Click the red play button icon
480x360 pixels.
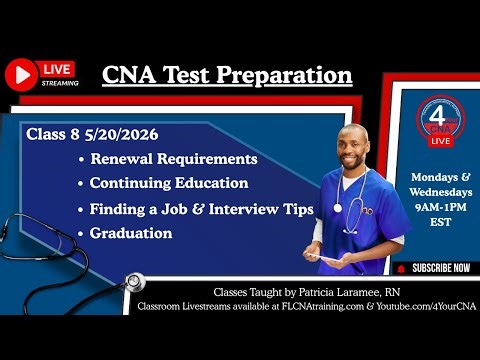pyautogui.click(x=20, y=73)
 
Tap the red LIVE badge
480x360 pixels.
pyautogui.click(x=58, y=68)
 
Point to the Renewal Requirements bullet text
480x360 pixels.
pyautogui.click(x=173, y=159)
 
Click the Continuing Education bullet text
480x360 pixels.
pyautogui.click(x=168, y=184)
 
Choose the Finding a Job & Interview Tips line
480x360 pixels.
pyautogui.click(x=201, y=209)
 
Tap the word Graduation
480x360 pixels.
pyautogui.click(x=131, y=233)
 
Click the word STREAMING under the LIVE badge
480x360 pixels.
pyautogui.click(x=59, y=83)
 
